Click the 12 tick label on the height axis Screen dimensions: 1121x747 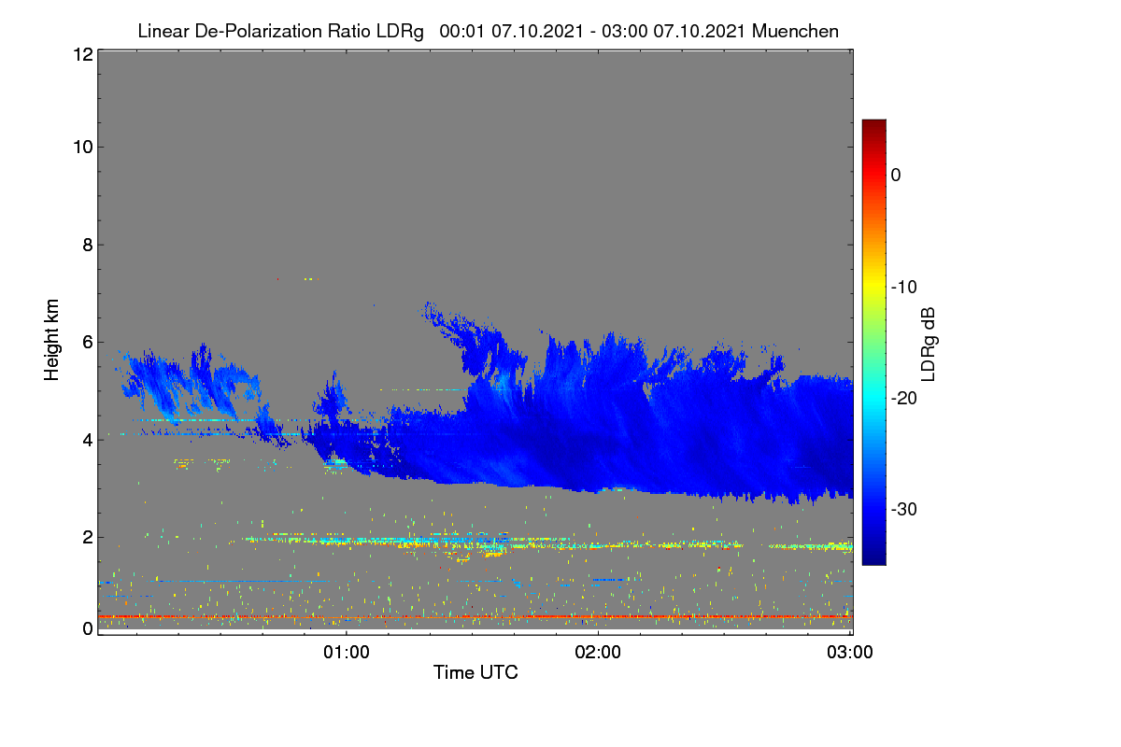(x=83, y=54)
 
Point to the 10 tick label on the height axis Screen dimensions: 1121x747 (x=83, y=148)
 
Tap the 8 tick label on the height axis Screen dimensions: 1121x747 (x=88, y=245)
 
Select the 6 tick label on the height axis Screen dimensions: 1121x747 (x=88, y=343)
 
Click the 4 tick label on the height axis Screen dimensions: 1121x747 (x=88, y=441)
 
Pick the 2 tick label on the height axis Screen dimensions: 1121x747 (x=88, y=537)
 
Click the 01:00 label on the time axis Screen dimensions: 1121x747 (x=347, y=653)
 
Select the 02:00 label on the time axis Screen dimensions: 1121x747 (x=598, y=653)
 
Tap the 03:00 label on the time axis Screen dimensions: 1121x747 (x=850, y=653)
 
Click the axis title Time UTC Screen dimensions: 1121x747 (x=475, y=672)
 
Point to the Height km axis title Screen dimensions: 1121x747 (x=51, y=340)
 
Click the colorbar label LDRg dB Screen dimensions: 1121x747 (x=928, y=345)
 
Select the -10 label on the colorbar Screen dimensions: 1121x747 (x=904, y=288)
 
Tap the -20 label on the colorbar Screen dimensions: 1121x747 (x=904, y=399)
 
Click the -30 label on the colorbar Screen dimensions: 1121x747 (x=904, y=509)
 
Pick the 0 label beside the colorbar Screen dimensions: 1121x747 (x=896, y=176)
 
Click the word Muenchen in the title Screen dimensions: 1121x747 (x=795, y=31)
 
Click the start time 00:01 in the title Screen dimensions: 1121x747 (x=461, y=31)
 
